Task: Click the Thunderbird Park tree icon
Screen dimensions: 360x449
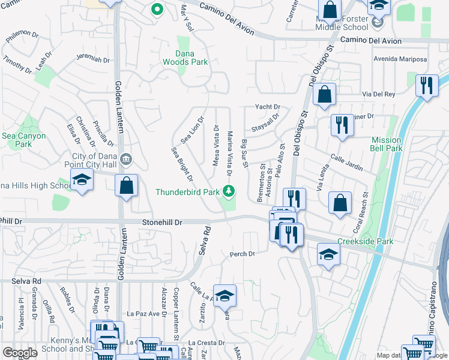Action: click(x=228, y=191)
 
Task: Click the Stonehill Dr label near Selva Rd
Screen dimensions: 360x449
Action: click(x=162, y=222)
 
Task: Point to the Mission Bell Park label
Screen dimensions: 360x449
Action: click(x=387, y=144)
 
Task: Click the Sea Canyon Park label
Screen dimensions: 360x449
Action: click(x=24, y=140)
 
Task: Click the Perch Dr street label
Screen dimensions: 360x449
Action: click(x=243, y=254)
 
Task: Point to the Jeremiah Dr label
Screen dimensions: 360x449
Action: click(x=93, y=60)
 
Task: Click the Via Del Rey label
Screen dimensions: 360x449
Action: click(x=379, y=94)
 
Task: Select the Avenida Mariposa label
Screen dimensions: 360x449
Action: click(x=400, y=59)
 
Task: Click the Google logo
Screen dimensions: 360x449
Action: click(x=20, y=353)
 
